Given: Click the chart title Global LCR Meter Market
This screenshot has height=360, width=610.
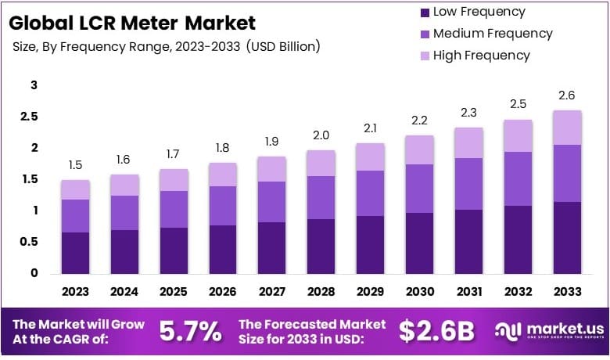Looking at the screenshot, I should tap(133, 22).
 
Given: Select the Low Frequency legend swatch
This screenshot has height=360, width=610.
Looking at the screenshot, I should tap(425, 13).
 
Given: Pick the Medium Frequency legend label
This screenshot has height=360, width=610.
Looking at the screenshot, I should tap(492, 34).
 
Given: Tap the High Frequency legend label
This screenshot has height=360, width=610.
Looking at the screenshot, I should tap(481, 56).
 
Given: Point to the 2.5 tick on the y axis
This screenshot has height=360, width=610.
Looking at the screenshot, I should tap(29, 117).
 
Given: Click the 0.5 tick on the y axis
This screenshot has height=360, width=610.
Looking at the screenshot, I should tap(29, 242).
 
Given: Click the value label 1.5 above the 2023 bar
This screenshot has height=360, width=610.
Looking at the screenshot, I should tap(76, 166).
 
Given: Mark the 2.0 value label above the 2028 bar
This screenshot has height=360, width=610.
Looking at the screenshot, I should tap(320, 135).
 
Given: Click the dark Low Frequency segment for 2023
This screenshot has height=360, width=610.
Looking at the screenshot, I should tap(76, 252).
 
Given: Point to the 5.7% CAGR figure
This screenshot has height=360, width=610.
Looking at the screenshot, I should tap(191, 331).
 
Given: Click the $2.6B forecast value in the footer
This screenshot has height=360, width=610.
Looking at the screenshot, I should tap(436, 331).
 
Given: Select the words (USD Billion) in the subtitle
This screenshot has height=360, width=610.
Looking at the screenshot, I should tap(283, 46).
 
